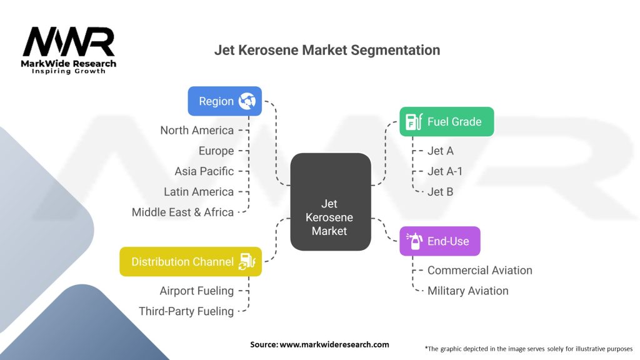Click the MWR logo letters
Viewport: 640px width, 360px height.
[69, 42]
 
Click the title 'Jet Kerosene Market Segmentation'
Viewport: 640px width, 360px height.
[327, 50]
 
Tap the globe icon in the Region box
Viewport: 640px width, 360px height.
[247, 101]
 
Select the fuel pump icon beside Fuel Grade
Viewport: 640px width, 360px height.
[414, 122]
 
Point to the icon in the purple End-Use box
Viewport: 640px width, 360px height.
[414, 241]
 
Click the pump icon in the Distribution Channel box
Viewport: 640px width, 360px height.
[247, 262]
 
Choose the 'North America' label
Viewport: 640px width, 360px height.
[197, 130]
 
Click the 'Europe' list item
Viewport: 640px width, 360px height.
[216, 151]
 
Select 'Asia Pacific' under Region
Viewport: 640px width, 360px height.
[204, 171]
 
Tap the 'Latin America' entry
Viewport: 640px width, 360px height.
[199, 192]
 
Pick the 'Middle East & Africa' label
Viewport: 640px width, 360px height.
[183, 212]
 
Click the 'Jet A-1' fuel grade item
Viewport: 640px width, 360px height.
[445, 171]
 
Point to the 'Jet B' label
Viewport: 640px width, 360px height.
[441, 192]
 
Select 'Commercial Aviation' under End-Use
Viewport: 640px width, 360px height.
[480, 270]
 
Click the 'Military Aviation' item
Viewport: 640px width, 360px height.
[468, 291]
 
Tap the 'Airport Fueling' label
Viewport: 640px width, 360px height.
[197, 291]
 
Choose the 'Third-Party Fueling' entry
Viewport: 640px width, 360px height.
[186, 311]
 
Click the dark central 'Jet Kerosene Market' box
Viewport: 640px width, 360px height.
[331, 202]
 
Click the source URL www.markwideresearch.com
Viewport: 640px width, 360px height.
[334, 344]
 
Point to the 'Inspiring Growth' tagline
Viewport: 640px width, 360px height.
[69, 71]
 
